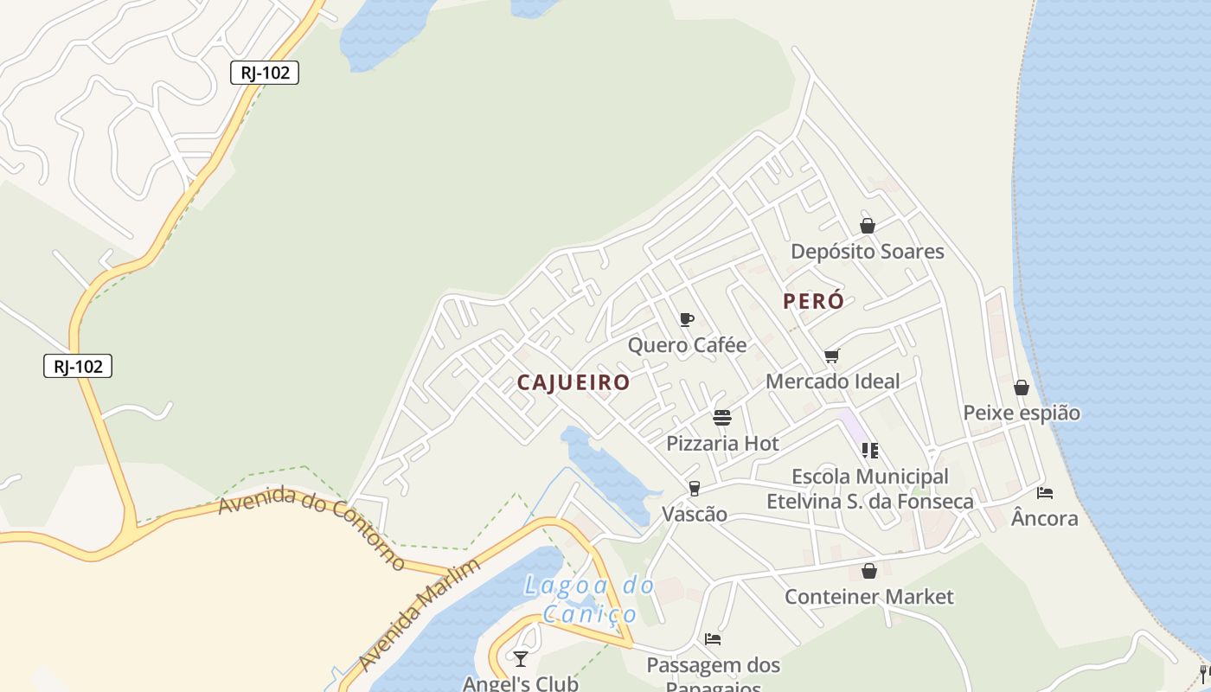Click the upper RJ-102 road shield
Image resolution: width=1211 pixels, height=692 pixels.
pyautogui.click(x=265, y=73)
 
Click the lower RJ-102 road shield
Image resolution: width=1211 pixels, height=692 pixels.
pyautogui.click(x=78, y=366)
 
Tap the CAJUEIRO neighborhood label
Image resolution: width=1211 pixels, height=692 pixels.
pyautogui.click(x=573, y=382)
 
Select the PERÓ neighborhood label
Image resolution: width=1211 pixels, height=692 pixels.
pyautogui.click(x=813, y=301)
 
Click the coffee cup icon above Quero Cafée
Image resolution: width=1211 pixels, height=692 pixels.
pyautogui.click(x=687, y=320)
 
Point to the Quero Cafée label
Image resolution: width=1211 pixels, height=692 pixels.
pyautogui.click(x=687, y=345)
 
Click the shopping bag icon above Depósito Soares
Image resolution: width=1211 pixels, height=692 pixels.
pyautogui.click(x=868, y=226)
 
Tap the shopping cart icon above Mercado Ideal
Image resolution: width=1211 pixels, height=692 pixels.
pyautogui.click(x=832, y=356)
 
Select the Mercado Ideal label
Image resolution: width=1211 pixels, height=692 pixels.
pyautogui.click(x=832, y=381)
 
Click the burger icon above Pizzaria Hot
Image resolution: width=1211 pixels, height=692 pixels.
pyautogui.click(x=722, y=419)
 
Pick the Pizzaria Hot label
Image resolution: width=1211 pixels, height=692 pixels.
pyautogui.click(x=722, y=444)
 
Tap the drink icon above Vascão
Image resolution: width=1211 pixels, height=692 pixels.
pyautogui.click(x=694, y=489)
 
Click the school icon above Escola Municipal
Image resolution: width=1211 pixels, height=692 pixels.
pyautogui.click(x=870, y=451)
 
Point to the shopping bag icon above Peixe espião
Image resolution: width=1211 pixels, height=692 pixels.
pyautogui.click(x=1022, y=388)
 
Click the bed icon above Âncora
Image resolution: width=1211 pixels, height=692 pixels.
pyautogui.click(x=1045, y=493)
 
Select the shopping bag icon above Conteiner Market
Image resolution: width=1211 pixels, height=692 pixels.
pyautogui.click(x=869, y=572)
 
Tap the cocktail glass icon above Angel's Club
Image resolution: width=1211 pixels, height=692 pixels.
pyautogui.click(x=520, y=659)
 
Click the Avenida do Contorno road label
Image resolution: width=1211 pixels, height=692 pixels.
pyautogui.click(x=311, y=528)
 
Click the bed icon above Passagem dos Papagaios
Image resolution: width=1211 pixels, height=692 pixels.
pyautogui.click(x=713, y=639)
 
